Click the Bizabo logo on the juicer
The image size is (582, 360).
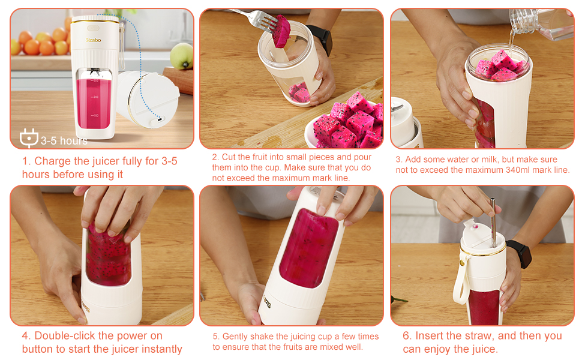[x=93, y=40]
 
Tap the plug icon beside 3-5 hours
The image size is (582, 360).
[x=29, y=137]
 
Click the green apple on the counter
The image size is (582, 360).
[x=182, y=56]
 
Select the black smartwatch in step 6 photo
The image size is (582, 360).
[x=520, y=253]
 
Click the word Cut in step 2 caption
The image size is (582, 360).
[x=228, y=157]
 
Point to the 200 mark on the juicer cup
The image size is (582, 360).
[x=95, y=97]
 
